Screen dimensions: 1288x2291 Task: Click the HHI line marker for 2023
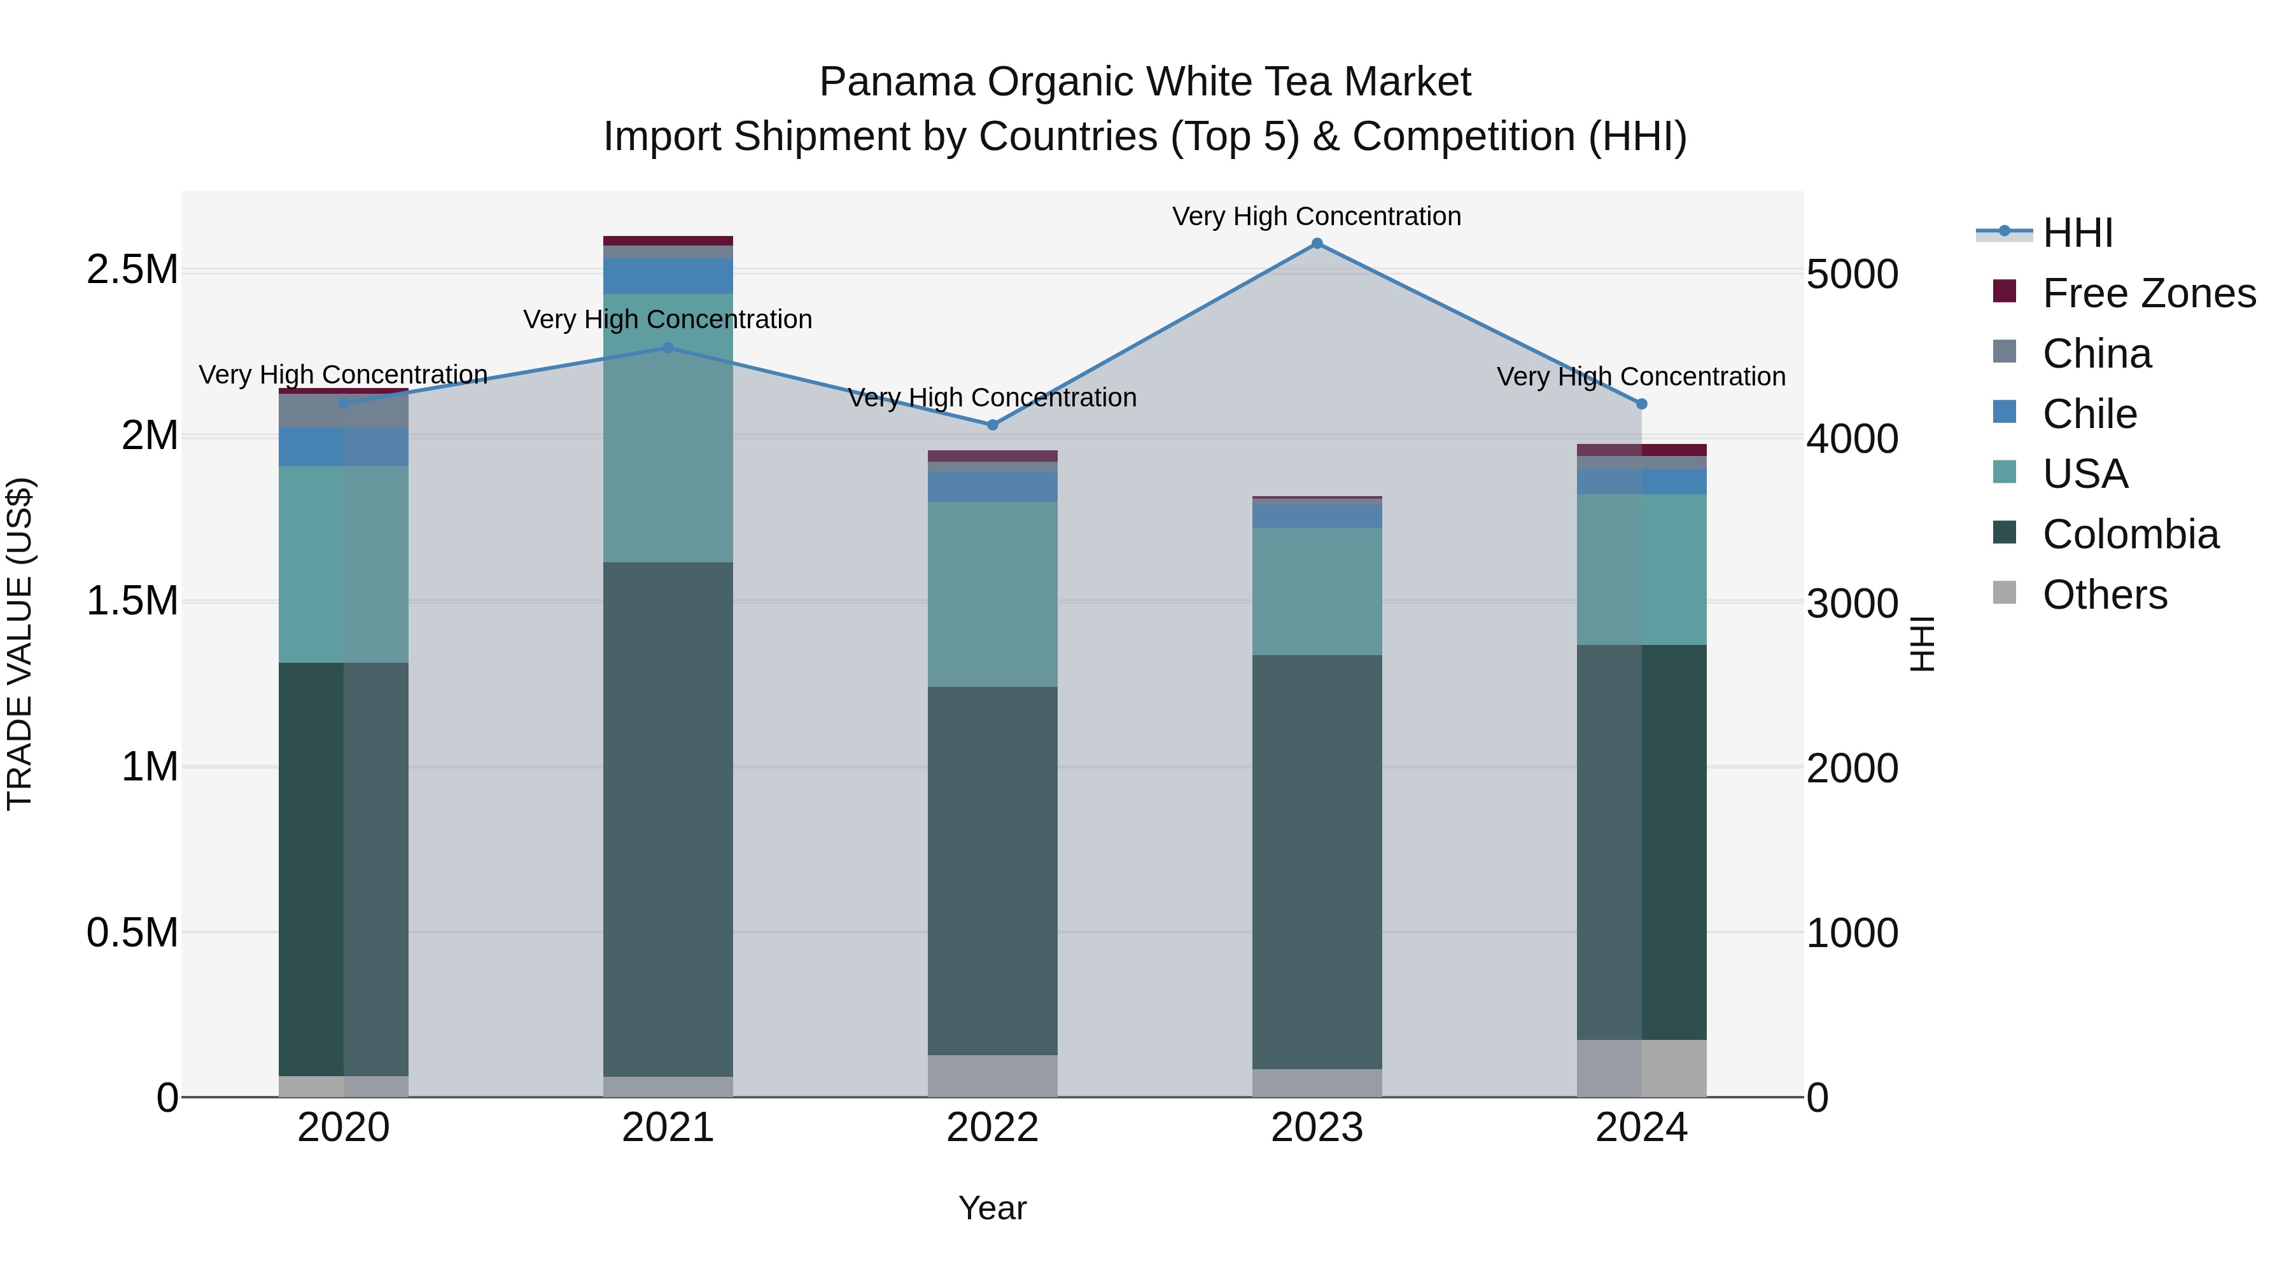pos(1317,244)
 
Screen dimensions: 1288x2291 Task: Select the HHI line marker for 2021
pos(668,347)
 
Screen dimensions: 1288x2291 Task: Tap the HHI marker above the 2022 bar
pos(993,425)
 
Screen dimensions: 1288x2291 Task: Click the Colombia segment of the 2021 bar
pos(668,818)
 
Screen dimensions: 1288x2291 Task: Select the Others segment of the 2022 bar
pos(993,1076)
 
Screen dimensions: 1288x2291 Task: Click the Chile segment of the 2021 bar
pos(668,275)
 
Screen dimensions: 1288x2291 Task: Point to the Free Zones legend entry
pos(2148,293)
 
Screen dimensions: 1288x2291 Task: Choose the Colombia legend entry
pos(2130,534)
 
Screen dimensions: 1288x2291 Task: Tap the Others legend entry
pos(2105,595)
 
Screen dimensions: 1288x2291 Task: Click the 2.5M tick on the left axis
pos(132,269)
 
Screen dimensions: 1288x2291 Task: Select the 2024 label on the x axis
pos(1641,1128)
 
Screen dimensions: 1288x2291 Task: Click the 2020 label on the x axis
pos(343,1128)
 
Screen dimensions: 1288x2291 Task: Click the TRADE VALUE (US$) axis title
pos(20,644)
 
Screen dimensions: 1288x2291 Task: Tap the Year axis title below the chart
pos(993,1208)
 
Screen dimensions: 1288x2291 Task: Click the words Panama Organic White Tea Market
pos(1145,82)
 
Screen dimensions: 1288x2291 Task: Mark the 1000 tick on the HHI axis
pos(1853,933)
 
